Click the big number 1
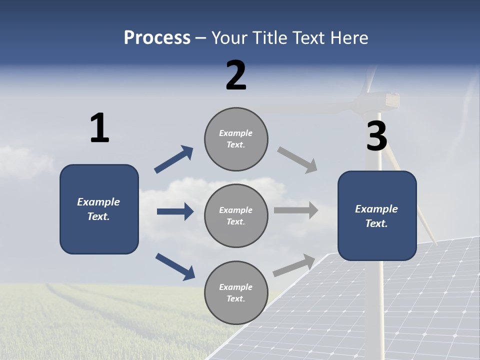point(99,128)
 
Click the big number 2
point(236,75)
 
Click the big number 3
point(376,136)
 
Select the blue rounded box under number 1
point(99,209)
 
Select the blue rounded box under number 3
point(377,216)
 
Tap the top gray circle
point(236,139)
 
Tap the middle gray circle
point(236,216)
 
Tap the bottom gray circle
point(236,293)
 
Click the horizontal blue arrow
point(175,211)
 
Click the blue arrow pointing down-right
point(175,266)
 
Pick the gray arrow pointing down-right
point(297,160)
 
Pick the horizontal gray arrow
point(296,210)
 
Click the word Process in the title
point(157,37)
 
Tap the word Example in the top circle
point(235,133)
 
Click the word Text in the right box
point(376,223)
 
